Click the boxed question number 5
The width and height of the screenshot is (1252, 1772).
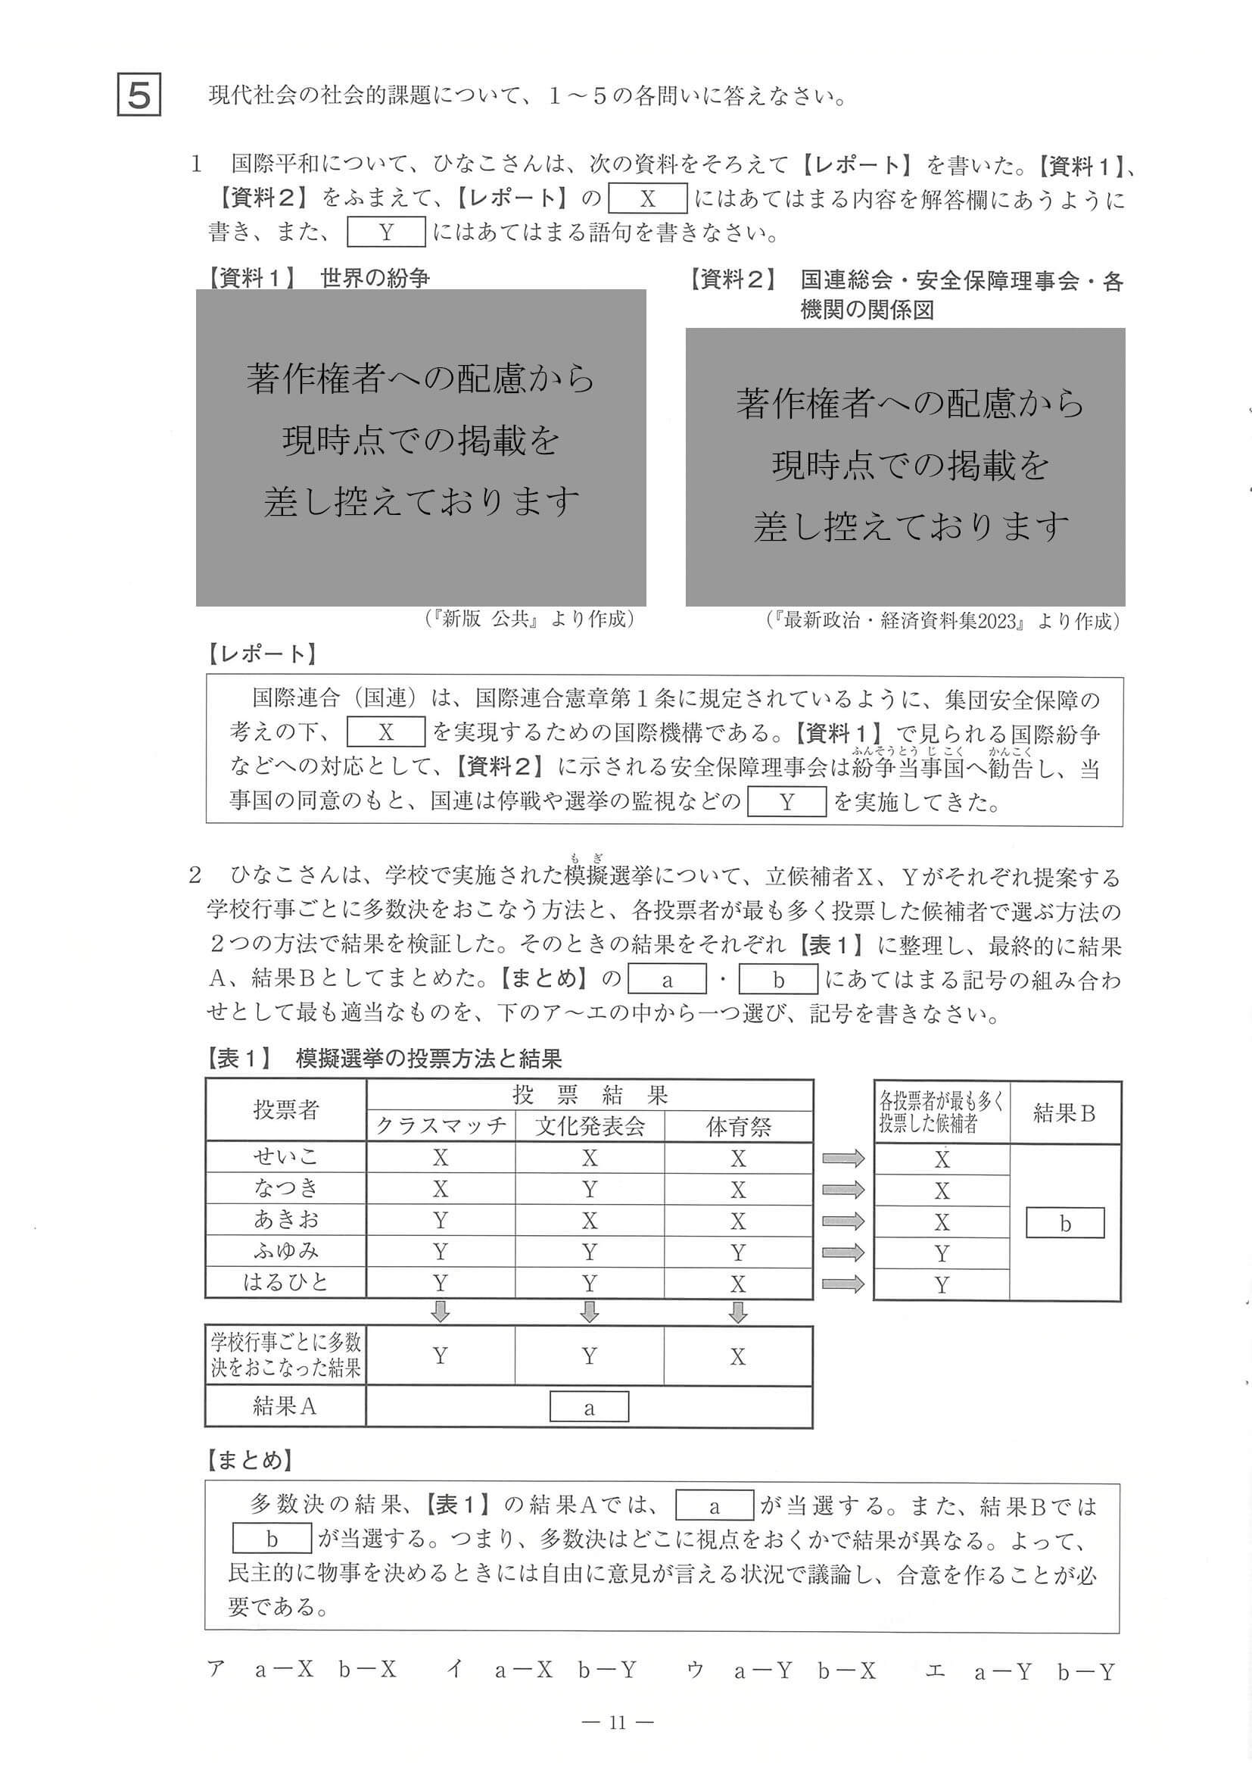point(139,95)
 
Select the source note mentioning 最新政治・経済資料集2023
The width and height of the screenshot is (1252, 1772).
point(942,620)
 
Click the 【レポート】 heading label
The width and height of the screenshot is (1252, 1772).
point(261,654)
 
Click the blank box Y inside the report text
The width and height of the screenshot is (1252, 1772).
point(786,802)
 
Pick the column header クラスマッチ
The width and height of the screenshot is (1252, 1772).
point(441,1126)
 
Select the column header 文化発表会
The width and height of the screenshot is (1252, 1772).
point(590,1126)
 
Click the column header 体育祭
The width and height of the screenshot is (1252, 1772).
point(738,1127)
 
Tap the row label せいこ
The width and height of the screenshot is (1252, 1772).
point(285,1157)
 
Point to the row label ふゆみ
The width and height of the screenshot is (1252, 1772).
point(285,1251)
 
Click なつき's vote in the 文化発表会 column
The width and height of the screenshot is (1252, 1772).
point(590,1190)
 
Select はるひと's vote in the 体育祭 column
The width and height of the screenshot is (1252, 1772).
point(738,1284)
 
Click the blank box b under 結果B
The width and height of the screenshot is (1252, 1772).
point(1064,1223)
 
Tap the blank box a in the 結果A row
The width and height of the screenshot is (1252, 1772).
point(589,1406)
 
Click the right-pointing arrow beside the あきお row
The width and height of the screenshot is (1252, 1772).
point(843,1221)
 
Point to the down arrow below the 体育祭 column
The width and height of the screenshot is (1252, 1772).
point(738,1312)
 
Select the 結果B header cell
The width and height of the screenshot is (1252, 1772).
point(1064,1113)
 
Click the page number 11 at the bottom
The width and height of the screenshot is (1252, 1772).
point(617,1723)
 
